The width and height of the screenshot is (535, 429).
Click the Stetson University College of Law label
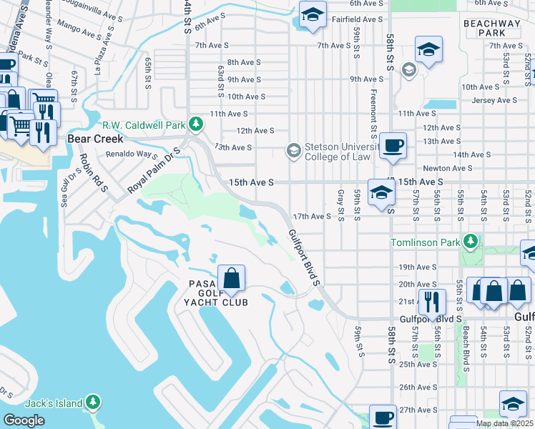[x=337, y=152]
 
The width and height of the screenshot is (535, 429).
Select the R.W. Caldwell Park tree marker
[x=195, y=124]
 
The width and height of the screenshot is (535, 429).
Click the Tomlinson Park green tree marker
[x=470, y=242]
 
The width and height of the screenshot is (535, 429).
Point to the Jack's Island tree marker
[x=92, y=403]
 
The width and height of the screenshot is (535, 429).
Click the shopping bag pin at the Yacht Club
[x=232, y=278]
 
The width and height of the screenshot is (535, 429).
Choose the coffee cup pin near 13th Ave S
[x=393, y=146]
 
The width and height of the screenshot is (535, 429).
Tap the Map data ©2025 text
[x=504, y=423]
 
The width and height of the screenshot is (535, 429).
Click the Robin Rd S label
[x=93, y=172]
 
